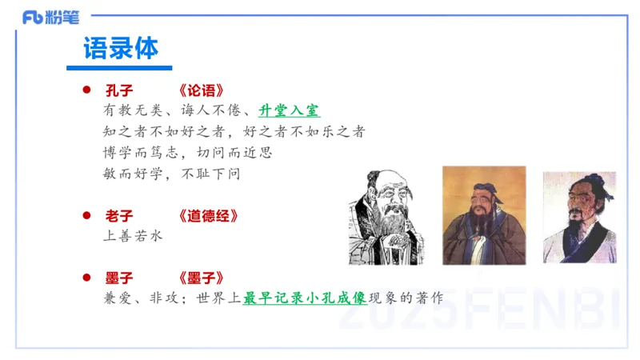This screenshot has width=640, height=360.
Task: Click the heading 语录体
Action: (121, 48)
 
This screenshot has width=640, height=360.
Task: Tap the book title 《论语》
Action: (208, 90)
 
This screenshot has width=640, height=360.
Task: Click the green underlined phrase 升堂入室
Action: (290, 111)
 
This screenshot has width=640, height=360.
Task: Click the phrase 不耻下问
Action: (212, 172)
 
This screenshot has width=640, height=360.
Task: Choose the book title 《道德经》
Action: (208, 216)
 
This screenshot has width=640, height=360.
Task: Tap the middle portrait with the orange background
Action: (484, 214)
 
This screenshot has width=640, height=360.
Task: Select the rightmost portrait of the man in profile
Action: (579, 217)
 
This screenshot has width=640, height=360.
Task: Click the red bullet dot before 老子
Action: (87, 216)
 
